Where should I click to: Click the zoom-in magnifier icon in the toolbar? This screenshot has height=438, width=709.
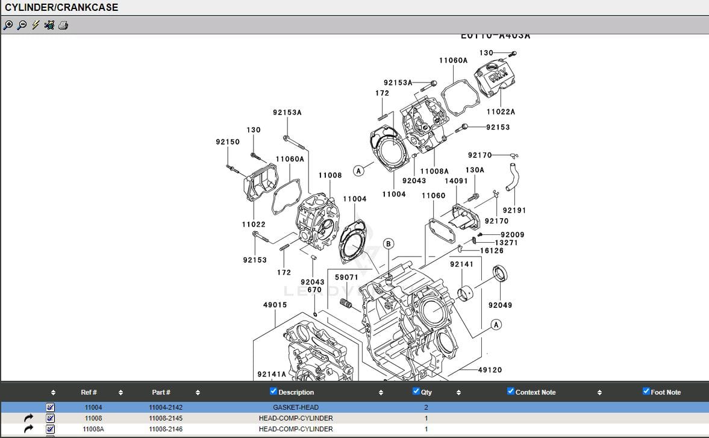[8, 25]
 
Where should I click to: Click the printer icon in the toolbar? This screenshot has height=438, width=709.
[63, 25]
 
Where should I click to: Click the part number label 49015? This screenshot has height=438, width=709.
[275, 305]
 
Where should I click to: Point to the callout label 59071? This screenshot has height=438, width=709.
[346, 278]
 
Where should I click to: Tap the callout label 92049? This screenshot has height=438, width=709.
[500, 305]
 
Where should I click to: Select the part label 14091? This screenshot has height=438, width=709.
[456, 181]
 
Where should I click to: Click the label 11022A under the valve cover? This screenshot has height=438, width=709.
[501, 111]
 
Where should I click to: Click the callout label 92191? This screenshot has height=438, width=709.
[514, 210]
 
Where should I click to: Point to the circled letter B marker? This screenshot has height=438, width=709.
[389, 244]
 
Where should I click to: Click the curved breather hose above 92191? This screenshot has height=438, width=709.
[512, 177]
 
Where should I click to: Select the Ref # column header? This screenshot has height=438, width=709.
[89, 392]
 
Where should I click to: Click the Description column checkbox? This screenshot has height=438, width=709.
[273, 392]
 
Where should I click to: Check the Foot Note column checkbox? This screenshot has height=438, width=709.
[646, 392]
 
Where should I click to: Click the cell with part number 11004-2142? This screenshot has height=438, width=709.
[166, 407]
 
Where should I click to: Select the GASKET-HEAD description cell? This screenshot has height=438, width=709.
[295, 407]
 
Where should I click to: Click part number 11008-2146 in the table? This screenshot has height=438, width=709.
[166, 429]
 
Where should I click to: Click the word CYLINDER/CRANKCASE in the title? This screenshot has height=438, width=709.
[61, 8]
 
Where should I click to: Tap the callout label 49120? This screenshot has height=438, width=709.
[490, 370]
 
